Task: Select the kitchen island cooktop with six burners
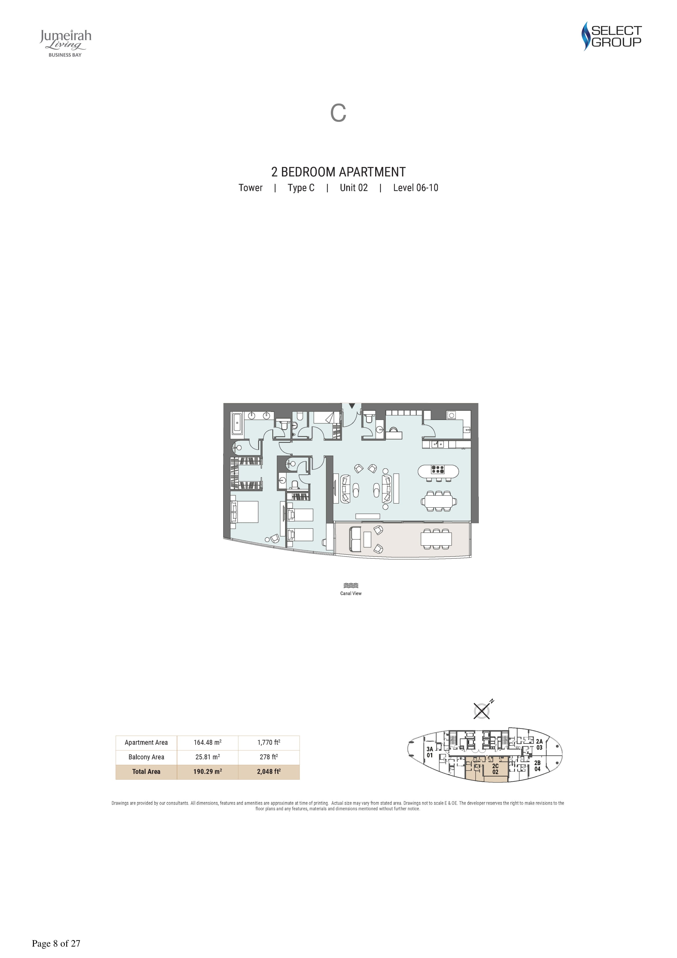438,469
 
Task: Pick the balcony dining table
436,539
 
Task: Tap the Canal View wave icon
351,585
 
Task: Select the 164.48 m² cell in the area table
207,742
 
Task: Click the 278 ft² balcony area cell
269,757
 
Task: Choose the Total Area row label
146,771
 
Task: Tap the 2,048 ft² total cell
269,771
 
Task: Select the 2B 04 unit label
537,766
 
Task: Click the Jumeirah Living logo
65,43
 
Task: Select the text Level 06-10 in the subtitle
415,188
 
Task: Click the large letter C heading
338,113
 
